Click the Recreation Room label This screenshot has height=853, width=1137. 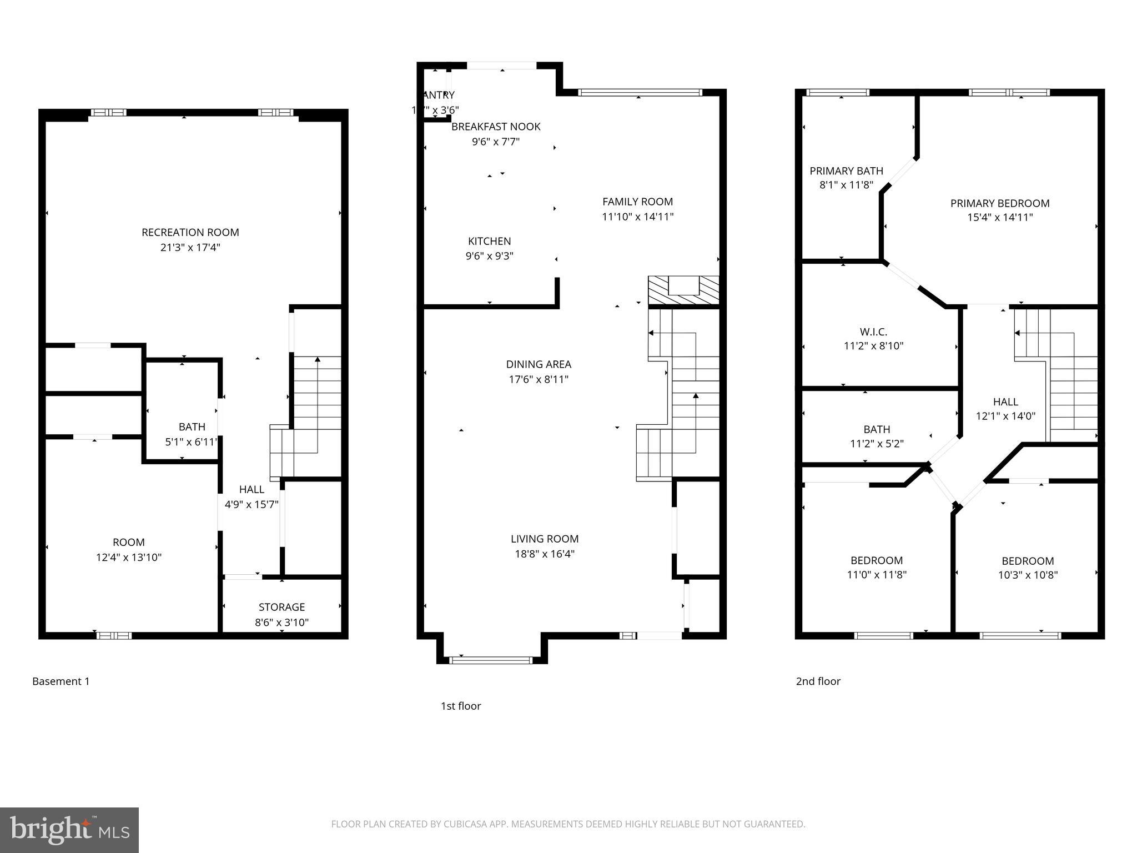pos(190,232)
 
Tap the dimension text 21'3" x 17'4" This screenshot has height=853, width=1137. pos(190,248)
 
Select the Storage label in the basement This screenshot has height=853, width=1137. pos(281,607)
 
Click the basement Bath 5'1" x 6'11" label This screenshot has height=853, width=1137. pos(192,434)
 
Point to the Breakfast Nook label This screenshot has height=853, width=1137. pos(496,127)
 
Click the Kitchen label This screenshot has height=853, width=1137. pos(489,241)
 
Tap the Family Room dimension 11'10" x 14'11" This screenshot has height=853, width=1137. pos(637,217)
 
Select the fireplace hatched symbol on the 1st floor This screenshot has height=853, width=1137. pos(683,290)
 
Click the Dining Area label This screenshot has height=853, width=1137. pos(539,364)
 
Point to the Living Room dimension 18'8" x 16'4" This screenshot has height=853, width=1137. pos(544,554)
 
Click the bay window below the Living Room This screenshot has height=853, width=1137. pos(490,660)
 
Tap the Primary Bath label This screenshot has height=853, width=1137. pos(846,171)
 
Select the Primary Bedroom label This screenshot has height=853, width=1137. pos(1000,203)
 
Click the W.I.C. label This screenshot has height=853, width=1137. pos(873,332)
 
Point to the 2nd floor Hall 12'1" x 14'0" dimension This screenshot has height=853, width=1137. pos(1005,416)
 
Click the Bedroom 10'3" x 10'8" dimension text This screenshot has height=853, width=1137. pos(1028,575)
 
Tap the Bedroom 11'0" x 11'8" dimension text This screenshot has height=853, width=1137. pos(877,575)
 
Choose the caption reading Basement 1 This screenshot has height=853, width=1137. pos(61,681)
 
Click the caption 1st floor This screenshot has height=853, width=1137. pos(460,706)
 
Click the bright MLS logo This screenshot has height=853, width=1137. pos(69,830)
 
